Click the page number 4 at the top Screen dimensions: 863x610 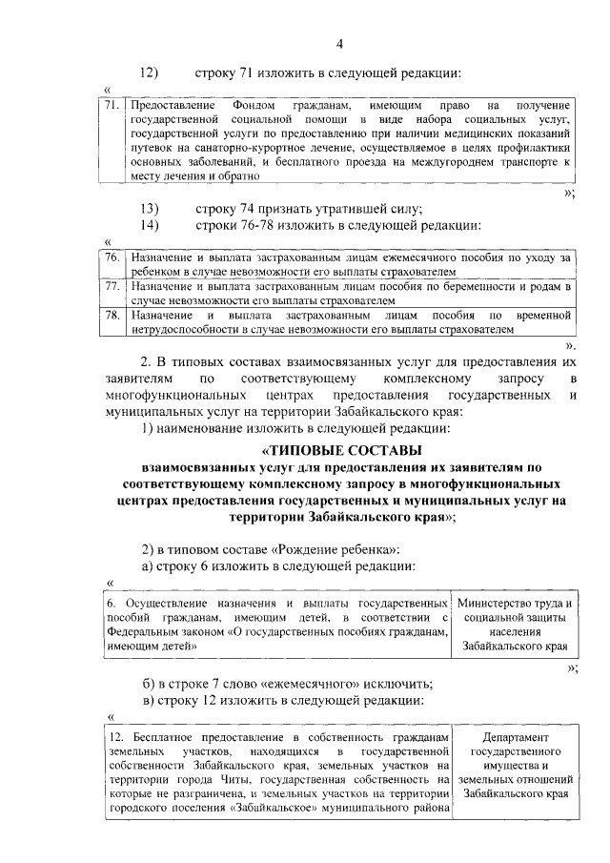coord(338,42)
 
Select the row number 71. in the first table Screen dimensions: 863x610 coord(112,104)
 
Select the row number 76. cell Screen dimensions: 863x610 coord(112,257)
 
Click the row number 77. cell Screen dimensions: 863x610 coord(112,285)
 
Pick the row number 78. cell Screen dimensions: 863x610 coord(112,314)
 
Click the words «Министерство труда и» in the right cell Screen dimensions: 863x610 coord(515,604)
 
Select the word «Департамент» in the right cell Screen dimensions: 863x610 coord(515,739)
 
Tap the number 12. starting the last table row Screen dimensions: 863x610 coord(114,739)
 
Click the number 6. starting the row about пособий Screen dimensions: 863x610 coord(111,604)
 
